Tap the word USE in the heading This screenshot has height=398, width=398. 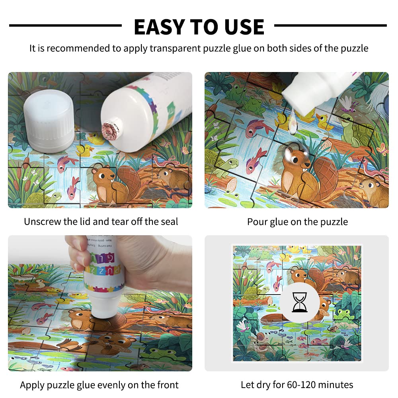coord(243,27)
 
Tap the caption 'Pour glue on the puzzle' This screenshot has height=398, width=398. coord(297,222)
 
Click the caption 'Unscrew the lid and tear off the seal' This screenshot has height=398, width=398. coord(101,222)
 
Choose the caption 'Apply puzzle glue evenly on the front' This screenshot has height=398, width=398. coord(99,385)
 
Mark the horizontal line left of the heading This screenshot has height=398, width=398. coord(65,26)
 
